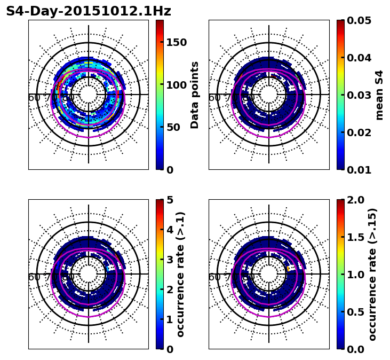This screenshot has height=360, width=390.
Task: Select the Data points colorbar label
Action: click(195, 95)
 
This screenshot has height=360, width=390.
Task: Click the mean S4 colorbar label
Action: click(379, 95)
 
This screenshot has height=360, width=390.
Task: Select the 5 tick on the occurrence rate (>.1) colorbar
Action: click(170, 200)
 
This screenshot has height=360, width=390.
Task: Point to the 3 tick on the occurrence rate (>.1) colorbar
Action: click(170, 260)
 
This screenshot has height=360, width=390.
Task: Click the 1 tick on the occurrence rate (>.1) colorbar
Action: click(170, 319)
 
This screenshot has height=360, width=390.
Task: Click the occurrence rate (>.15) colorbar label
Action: click(372, 275)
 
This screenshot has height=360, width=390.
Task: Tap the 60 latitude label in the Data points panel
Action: click(34, 98)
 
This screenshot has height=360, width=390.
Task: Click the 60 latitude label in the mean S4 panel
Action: click(214, 98)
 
